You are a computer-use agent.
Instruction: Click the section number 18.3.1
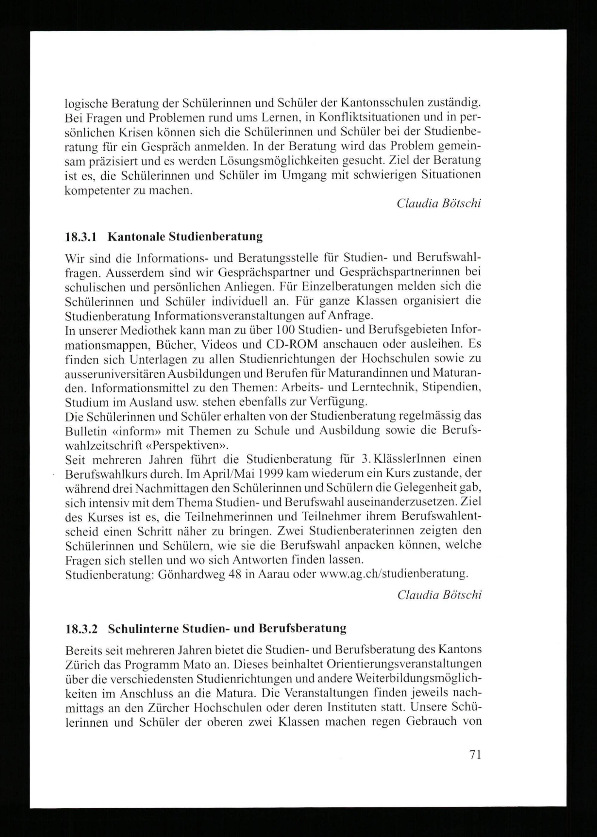pyautogui.click(x=81, y=237)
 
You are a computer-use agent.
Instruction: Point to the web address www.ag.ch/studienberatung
pyautogui.click(x=394, y=573)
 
